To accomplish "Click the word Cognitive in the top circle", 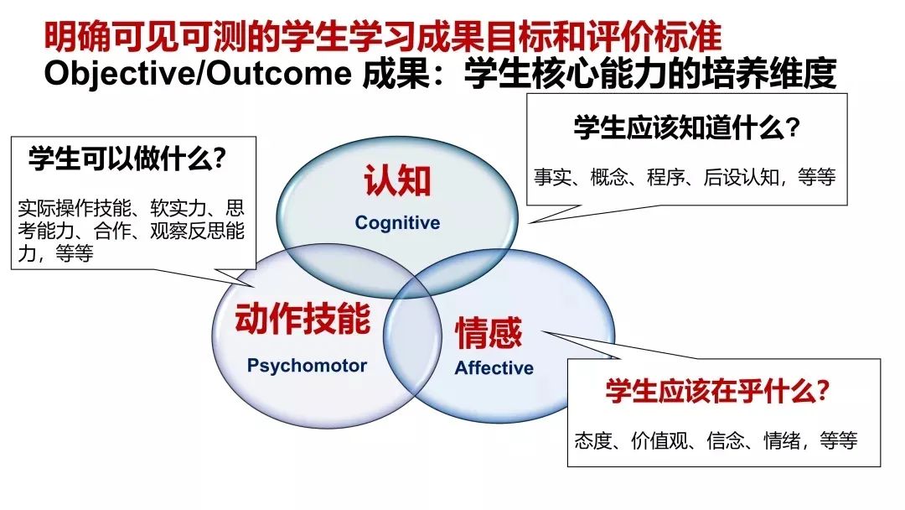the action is [x=397, y=222].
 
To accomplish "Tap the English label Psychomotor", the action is [x=307, y=366].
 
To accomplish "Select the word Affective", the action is [x=494, y=368].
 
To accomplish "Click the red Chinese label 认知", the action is [x=398, y=180].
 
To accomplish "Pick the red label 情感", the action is [x=489, y=333].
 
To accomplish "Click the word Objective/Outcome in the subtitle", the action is [x=198, y=73].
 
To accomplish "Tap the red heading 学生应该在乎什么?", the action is [x=717, y=391].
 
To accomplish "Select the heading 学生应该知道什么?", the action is [x=687, y=127].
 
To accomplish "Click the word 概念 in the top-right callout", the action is [x=609, y=177].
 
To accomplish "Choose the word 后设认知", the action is [x=741, y=177].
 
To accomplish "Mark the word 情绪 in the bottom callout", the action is [x=782, y=440].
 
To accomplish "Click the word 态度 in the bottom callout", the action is [x=593, y=440].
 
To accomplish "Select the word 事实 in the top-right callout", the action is [x=552, y=177].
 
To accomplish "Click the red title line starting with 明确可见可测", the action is [x=383, y=36].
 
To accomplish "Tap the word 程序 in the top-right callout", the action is [x=665, y=177].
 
